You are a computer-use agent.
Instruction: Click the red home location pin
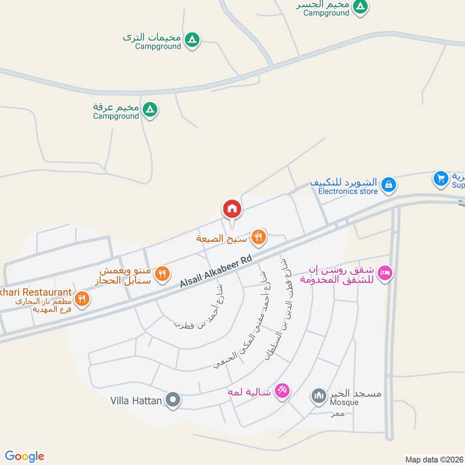[x=231, y=208]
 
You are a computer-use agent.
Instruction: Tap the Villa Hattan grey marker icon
[x=173, y=400]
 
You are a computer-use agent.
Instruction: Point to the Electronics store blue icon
[x=389, y=185]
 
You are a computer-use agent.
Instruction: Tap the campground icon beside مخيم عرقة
[x=150, y=109]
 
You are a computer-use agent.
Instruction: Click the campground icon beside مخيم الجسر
[x=361, y=6]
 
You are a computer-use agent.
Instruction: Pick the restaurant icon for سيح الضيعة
[x=259, y=237]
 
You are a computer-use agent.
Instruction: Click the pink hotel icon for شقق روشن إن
[x=385, y=271]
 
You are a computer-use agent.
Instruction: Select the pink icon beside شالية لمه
[x=282, y=390]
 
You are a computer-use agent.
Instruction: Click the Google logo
[x=24, y=456]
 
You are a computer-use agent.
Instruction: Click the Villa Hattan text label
[x=136, y=400]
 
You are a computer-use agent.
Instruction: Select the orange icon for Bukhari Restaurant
[x=83, y=299]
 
